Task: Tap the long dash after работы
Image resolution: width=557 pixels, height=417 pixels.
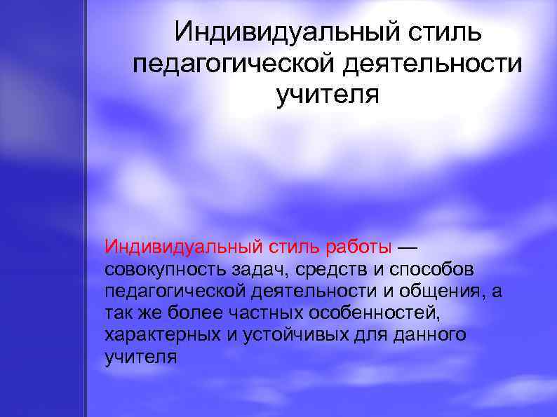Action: (408, 247)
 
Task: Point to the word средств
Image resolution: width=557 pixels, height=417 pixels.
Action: (327, 270)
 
